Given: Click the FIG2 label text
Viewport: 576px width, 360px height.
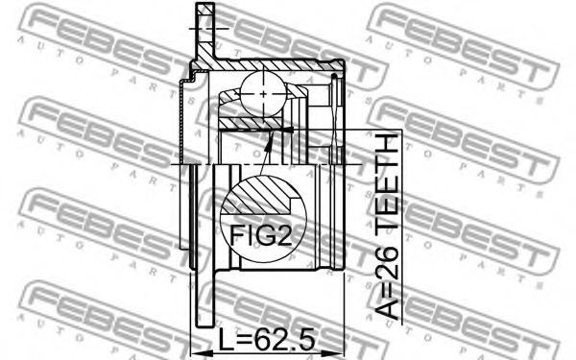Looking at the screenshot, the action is (260, 235).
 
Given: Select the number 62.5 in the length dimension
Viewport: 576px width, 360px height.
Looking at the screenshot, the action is (285, 340).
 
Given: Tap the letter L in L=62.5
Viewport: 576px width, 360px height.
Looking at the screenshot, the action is (226, 340).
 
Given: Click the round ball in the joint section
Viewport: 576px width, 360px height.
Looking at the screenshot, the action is (263, 94).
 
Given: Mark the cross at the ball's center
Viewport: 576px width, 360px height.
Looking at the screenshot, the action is (263, 94).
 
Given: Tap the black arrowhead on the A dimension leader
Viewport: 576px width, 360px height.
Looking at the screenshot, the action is (290, 130).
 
